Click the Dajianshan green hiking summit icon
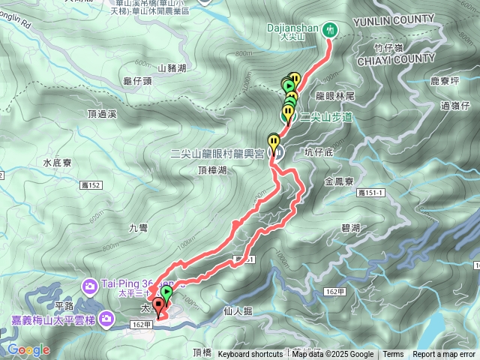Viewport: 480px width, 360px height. tap(331, 29)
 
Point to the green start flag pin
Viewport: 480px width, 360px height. tap(166, 292)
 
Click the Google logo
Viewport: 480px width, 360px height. tap(28, 349)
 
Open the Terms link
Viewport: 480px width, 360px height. tap(393, 355)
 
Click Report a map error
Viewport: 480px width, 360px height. tap(444, 355)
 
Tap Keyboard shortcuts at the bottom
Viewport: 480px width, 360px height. tap(250, 355)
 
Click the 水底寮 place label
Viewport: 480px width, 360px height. tap(57, 162)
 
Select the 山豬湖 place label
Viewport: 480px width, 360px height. tap(172, 69)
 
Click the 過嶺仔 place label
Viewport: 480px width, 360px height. tap(456, 106)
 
